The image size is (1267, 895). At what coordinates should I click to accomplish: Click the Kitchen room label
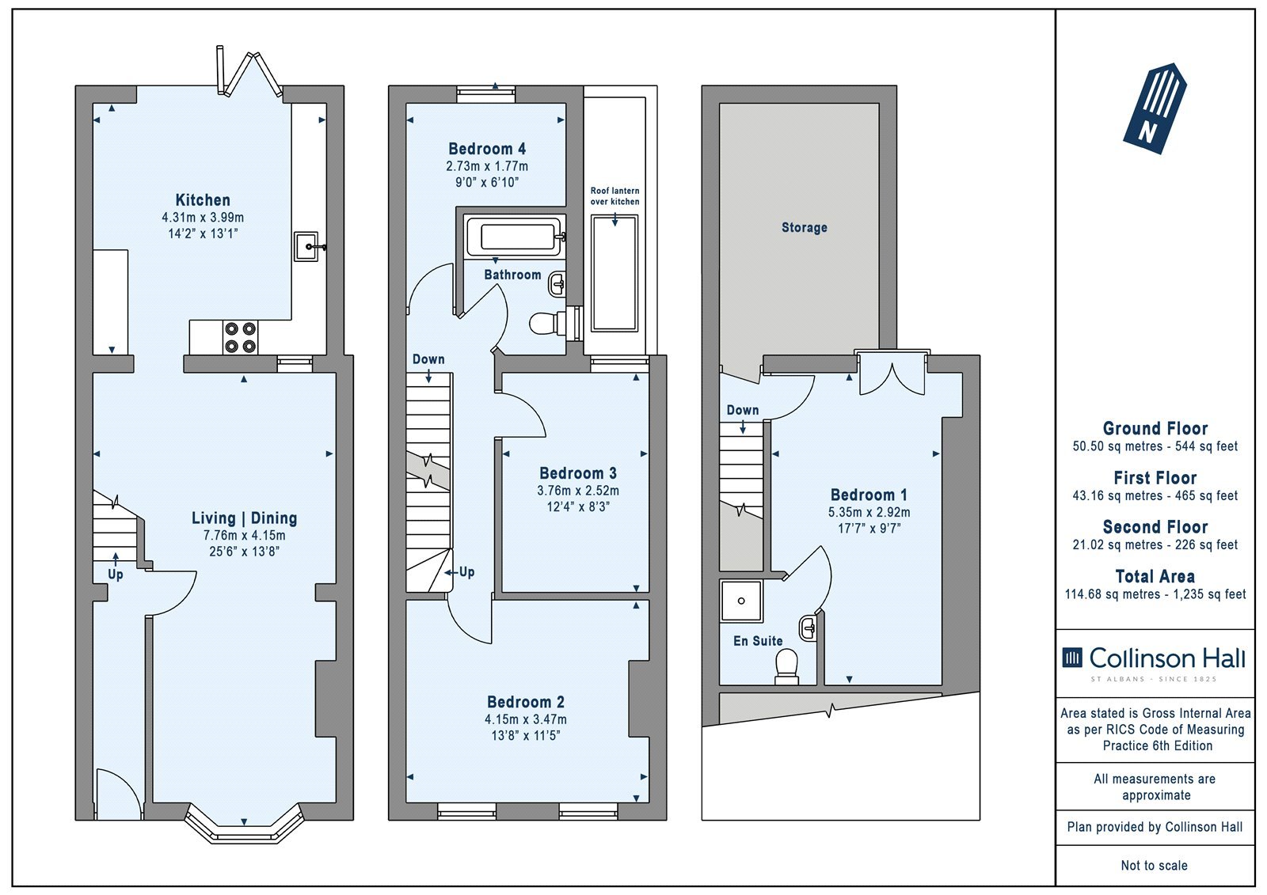[203, 199]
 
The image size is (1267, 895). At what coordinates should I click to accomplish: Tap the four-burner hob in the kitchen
[240, 338]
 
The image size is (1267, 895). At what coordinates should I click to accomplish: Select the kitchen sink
[308, 247]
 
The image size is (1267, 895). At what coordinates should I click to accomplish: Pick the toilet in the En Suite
[787, 667]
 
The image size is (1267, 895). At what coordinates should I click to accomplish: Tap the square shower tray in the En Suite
[741, 601]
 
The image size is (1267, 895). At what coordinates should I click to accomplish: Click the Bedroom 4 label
[487, 149]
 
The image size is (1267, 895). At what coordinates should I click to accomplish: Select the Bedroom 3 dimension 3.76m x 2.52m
[578, 490]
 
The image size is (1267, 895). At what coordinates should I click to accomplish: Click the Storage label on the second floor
[805, 227]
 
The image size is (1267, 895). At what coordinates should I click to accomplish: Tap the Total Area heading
[1155, 576]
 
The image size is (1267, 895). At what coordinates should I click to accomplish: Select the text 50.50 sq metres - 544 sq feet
[1155, 446]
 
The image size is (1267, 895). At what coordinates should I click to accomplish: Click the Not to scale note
[1155, 865]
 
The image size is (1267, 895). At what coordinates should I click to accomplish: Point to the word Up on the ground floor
[116, 575]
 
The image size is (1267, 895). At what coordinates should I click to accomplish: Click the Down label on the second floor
[743, 410]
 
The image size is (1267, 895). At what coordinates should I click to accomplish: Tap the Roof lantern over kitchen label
[614, 196]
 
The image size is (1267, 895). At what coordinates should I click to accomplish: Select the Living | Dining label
[245, 518]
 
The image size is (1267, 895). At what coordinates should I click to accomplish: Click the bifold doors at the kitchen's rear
[249, 72]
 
